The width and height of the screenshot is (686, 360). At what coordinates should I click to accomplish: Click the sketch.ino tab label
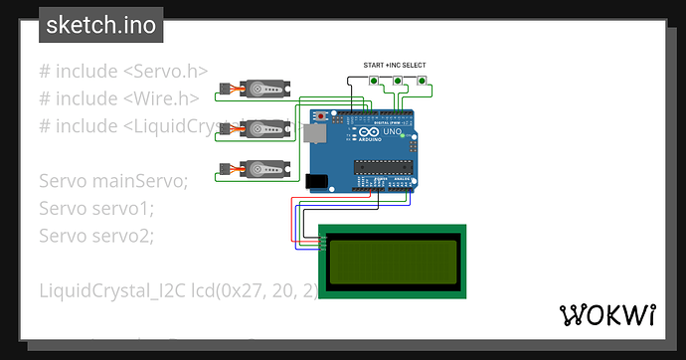click(x=100, y=25)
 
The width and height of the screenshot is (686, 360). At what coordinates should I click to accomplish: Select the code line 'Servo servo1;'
click(x=97, y=208)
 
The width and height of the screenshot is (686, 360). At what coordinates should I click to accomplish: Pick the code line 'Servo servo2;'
click(x=97, y=236)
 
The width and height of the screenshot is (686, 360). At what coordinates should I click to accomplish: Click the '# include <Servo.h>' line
click(x=123, y=71)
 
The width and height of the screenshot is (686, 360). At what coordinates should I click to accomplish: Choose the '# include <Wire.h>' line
click(x=119, y=97)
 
